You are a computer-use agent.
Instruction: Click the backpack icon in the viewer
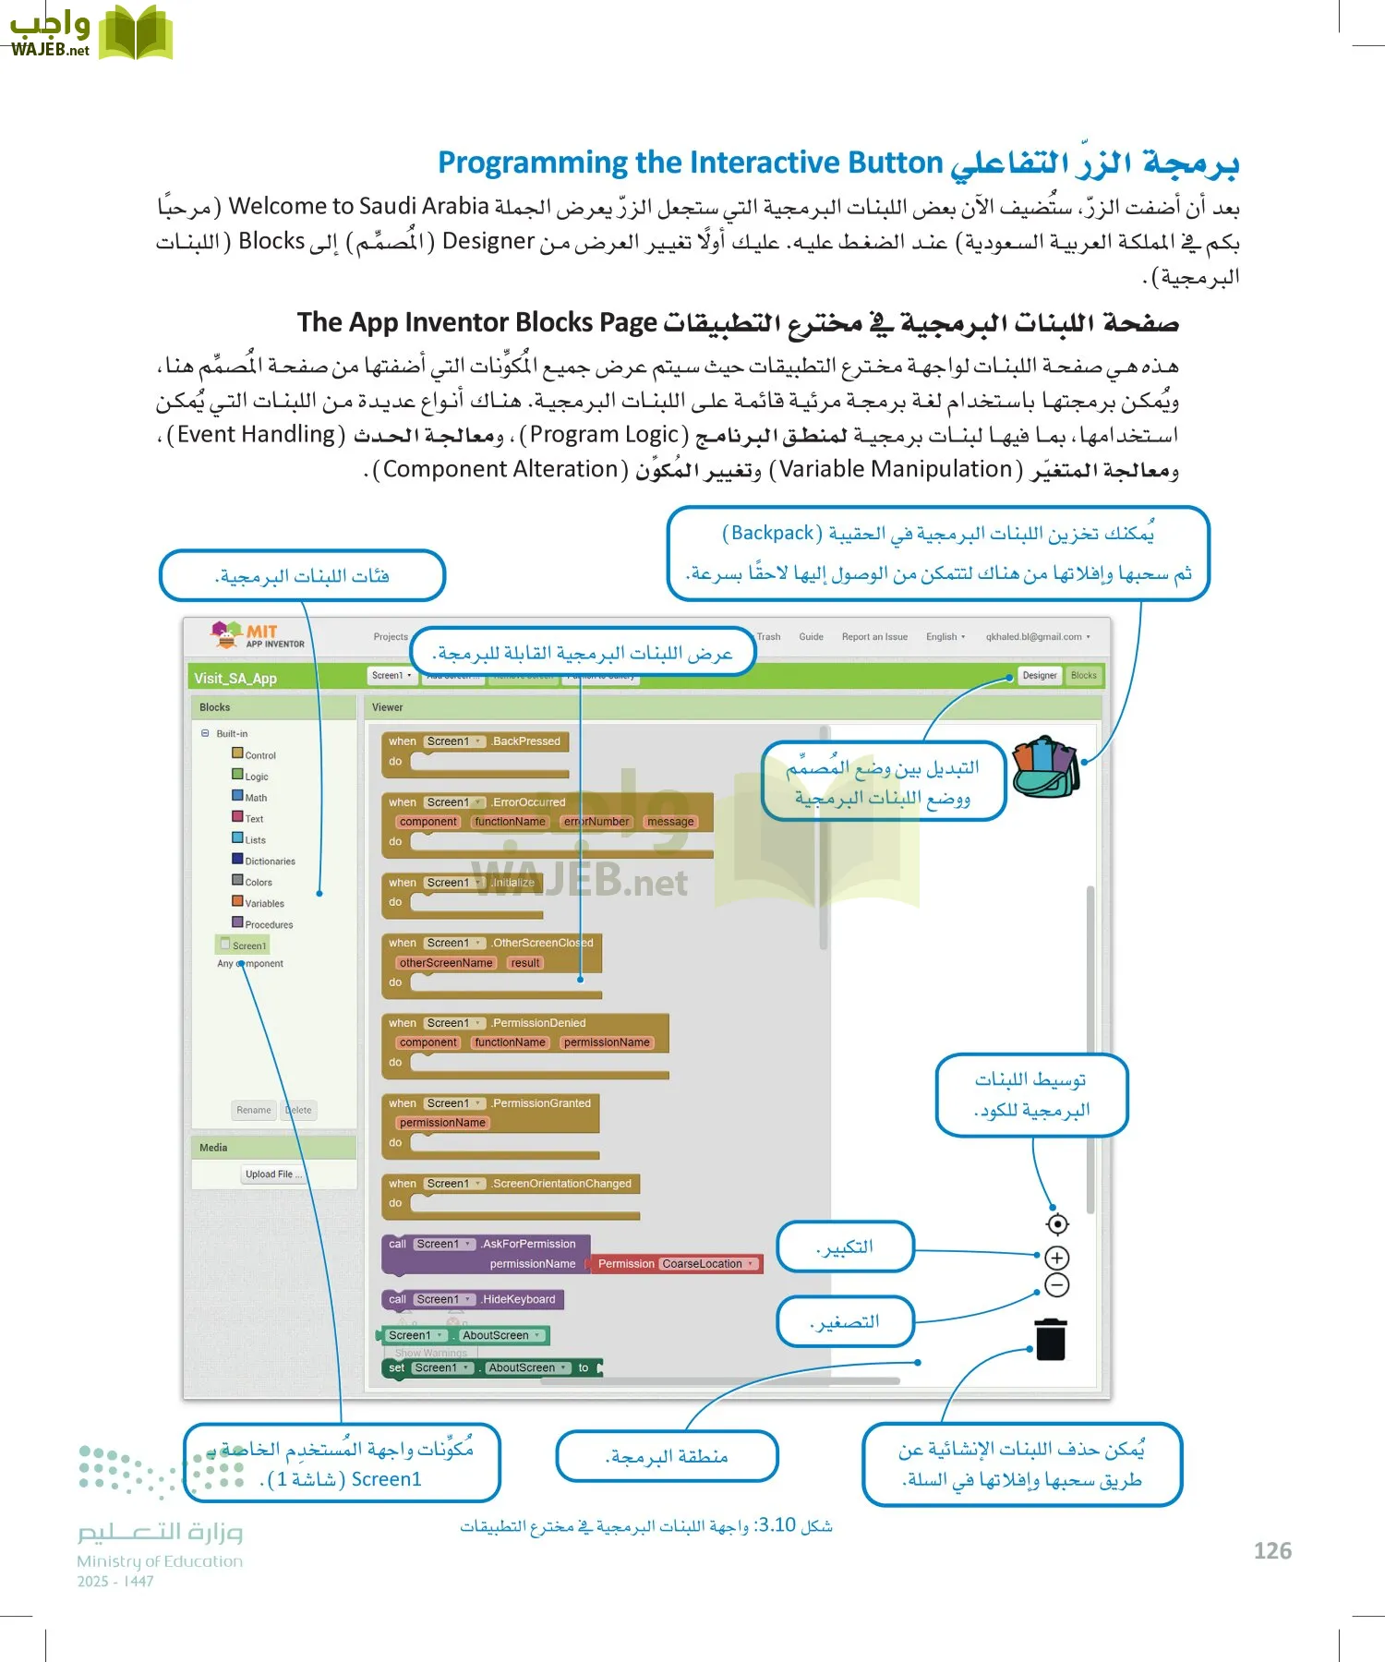[x=1045, y=766]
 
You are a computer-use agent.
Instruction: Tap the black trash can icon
[x=1051, y=1340]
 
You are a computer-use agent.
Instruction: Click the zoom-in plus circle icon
[x=1057, y=1258]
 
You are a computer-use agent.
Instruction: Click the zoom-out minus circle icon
[x=1057, y=1284]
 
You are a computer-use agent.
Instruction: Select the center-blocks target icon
[x=1057, y=1223]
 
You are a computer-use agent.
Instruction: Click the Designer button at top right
[x=1039, y=676]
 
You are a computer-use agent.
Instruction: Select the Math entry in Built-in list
[x=256, y=798]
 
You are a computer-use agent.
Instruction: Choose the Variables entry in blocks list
[x=264, y=903]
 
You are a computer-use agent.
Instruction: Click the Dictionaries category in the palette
[x=270, y=861]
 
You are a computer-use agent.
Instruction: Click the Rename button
[x=254, y=1110]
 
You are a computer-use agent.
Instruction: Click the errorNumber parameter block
[x=596, y=822]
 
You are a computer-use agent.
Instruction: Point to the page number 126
[x=1272, y=1551]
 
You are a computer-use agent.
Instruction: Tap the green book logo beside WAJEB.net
[x=135, y=32]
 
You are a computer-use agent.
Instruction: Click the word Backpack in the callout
[x=772, y=533]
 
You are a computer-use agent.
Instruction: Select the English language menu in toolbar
[x=945, y=637]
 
